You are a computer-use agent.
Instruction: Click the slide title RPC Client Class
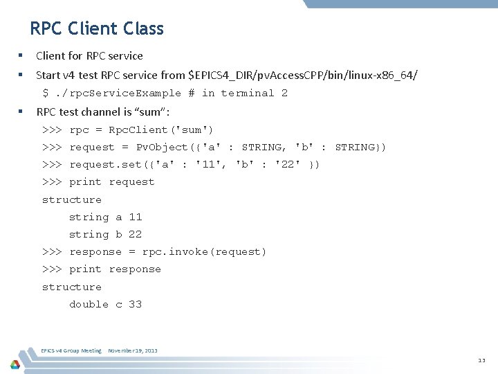[97, 28]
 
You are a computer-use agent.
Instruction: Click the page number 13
[481, 360]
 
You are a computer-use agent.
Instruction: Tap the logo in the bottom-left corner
[15, 364]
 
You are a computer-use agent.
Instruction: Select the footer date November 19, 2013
[133, 350]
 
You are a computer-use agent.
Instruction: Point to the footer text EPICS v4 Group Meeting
[72, 350]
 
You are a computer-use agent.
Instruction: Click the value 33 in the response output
[135, 304]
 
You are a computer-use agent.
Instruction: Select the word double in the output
[89, 304]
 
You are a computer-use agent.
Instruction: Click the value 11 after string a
[135, 217]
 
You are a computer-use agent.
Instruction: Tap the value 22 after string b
[135, 234]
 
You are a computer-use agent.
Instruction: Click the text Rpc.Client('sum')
[161, 130]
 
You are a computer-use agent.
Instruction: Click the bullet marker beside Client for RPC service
[21, 55]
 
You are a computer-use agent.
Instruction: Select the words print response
[115, 269]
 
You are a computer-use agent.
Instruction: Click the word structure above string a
[72, 199]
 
